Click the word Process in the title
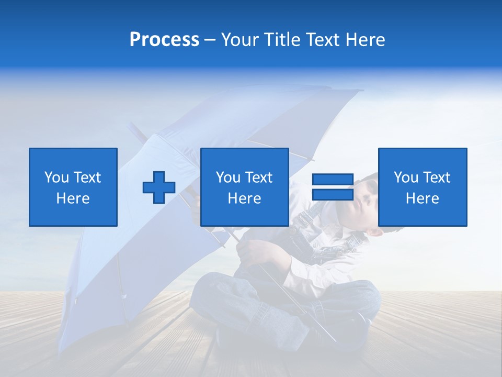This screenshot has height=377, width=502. (164, 39)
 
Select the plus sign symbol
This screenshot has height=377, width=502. (159, 187)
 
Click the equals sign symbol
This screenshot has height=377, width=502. (333, 187)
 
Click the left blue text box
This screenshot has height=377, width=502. (73, 187)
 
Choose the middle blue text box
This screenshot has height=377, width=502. (244, 187)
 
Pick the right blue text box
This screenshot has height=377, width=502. (423, 187)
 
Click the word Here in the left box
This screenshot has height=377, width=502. (73, 198)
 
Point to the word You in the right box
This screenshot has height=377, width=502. (406, 178)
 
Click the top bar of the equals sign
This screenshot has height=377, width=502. (333, 180)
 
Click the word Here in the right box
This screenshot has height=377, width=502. (422, 198)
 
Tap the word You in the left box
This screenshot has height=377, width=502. (56, 178)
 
